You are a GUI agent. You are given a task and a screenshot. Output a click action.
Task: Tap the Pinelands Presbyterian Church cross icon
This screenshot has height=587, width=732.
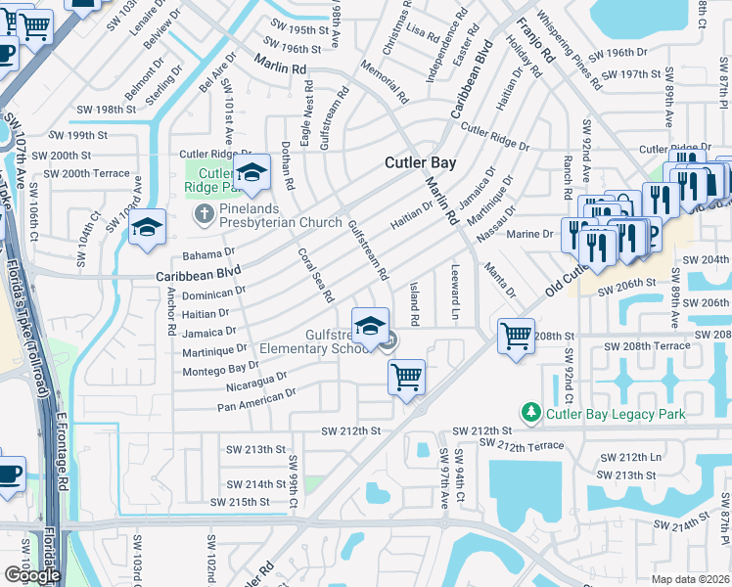point(204,214)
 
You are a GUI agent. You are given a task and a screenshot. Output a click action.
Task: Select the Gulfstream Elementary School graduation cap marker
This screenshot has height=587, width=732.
point(370,328)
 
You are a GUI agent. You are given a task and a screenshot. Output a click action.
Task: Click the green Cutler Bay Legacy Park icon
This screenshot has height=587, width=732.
point(530,414)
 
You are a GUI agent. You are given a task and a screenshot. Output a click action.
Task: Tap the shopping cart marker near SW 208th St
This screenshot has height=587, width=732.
point(515,338)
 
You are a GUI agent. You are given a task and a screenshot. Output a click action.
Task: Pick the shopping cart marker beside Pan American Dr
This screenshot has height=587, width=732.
point(406,377)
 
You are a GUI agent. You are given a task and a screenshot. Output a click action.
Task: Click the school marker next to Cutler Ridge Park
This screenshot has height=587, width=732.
point(252,173)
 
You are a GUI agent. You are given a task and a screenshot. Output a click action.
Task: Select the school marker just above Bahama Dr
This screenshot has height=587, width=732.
point(148,229)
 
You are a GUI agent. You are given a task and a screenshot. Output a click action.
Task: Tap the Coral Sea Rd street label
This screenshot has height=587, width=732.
point(316,275)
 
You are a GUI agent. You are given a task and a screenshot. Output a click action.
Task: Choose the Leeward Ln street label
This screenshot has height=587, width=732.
point(455,292)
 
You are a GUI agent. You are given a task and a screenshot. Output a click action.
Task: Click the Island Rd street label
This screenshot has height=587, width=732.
point(414,303)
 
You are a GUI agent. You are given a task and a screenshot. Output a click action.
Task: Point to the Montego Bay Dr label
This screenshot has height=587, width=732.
point(221,368)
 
